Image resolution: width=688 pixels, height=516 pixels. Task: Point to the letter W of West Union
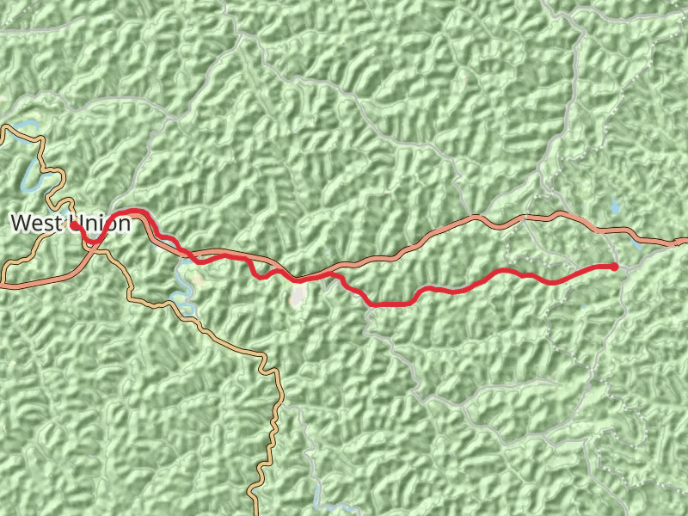tap(19, 224)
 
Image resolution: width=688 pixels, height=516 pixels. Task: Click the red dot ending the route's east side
tap(614, 267)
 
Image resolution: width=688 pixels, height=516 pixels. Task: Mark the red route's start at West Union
tap(75, 224)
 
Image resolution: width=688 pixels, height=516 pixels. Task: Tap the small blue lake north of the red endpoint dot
tap(614, 206)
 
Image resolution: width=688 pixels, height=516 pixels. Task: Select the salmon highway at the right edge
tap(683, 242)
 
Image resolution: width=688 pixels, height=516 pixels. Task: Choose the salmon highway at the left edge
tap(4, 284)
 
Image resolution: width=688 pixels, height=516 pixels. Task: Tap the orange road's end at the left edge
tap(3, 129)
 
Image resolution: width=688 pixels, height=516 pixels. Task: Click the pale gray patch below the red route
tap(298, 295)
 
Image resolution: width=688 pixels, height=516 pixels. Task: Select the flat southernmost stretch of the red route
tap(391, 304)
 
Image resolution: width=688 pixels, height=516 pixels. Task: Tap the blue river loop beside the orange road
tap(181, 301)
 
